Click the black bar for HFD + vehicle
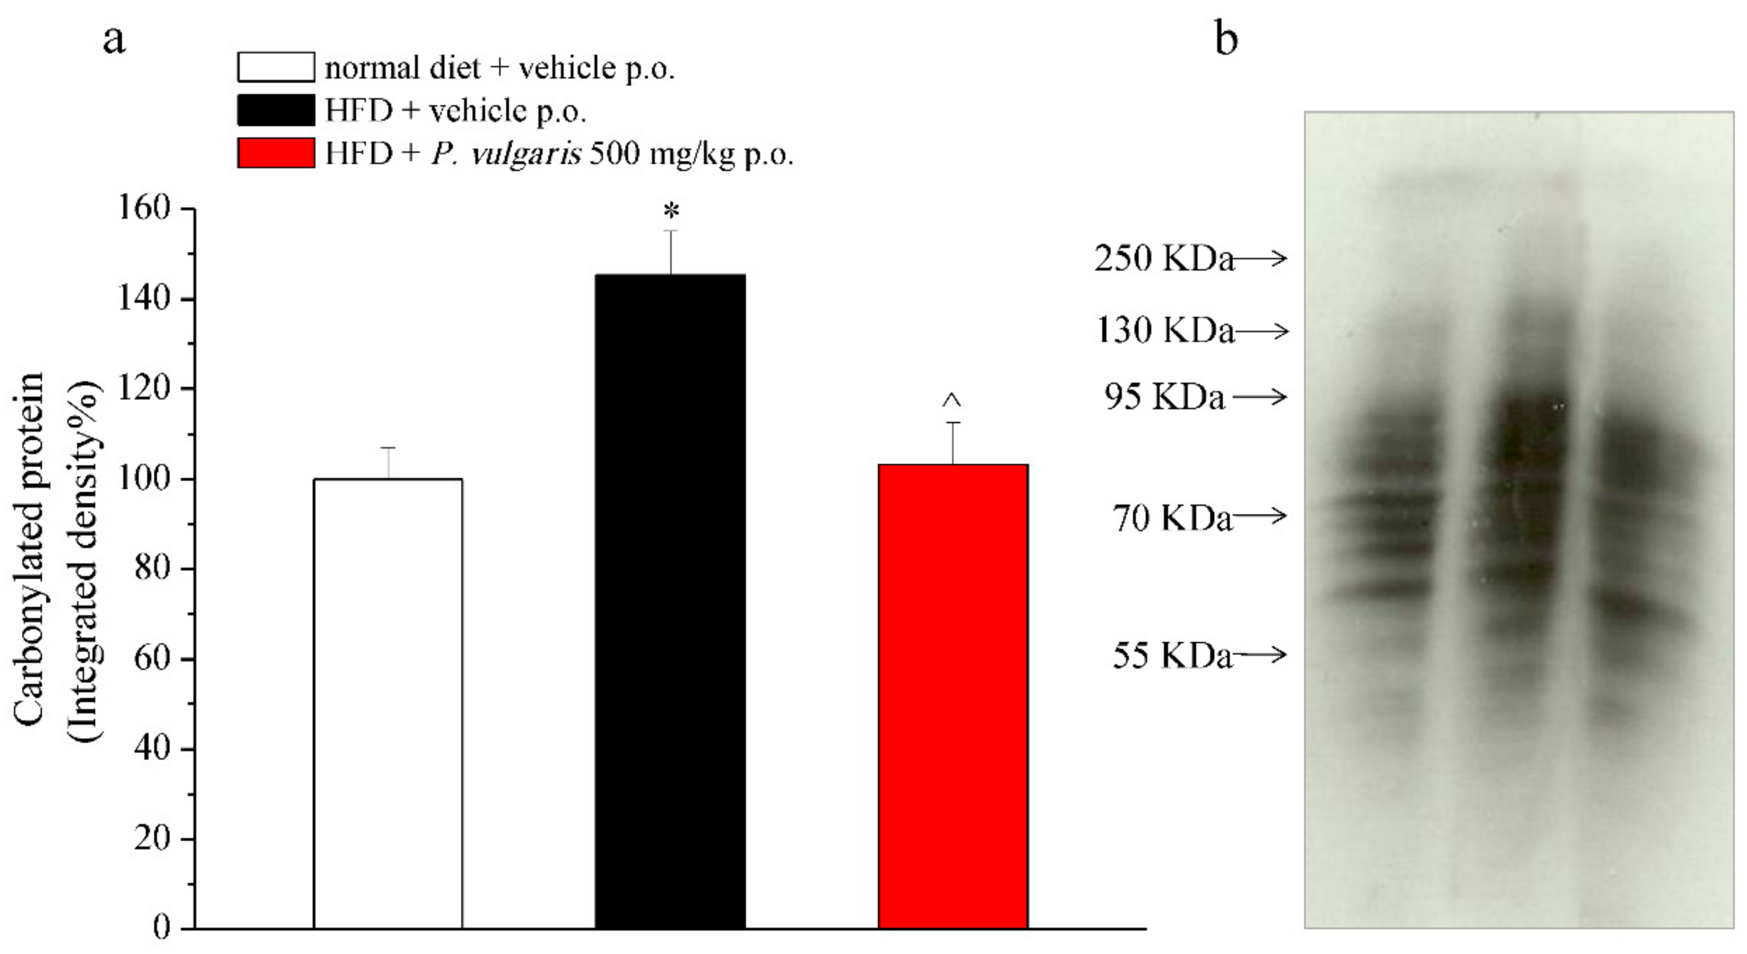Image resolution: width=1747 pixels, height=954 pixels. [x=670, y=601]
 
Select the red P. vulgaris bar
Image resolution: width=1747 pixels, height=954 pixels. [x=953, y=696]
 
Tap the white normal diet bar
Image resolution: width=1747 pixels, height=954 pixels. [x=388, y=703]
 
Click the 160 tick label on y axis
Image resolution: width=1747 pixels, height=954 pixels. [x=144, y=208]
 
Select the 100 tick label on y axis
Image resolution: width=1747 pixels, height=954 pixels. [x=144, y=479]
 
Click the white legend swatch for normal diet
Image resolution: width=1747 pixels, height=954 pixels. [x=276, y=67]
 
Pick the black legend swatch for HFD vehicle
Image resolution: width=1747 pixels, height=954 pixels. [x=276, y=110]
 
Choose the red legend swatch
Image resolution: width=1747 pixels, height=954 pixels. [x=276, y=153]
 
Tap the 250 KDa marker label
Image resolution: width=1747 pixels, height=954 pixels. [x=1164, y=259]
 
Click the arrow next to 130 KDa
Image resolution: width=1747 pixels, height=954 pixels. [x=1262, y=331]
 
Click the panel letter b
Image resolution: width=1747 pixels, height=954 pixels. [x=1226, y=39]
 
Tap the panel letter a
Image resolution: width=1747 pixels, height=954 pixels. [x=114, y=40]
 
